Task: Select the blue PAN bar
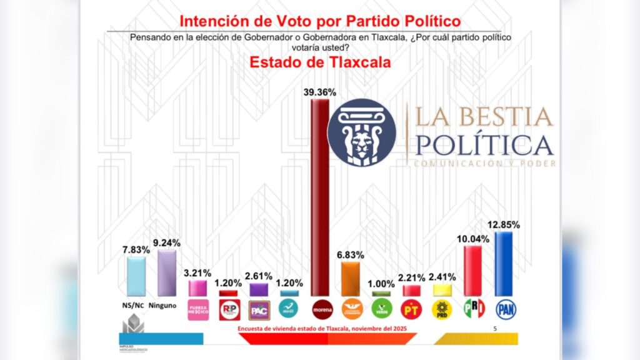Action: (x=503, y=263)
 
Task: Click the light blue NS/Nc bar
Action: (x=136, y=276)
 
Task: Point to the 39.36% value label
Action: (x=321, y=92)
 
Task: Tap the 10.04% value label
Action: (x=472, y=237)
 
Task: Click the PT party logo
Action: (x=411, y=309)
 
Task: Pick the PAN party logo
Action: (x=505, y=309)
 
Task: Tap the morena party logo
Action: (x=322, y=309)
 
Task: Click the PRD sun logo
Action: (x=442, y=309)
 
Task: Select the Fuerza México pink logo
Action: (x=199, y=309)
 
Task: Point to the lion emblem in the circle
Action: (x=362, y=133)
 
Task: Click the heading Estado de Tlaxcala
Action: (x=320, y=62)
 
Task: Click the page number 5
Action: (x=496, y=329)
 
